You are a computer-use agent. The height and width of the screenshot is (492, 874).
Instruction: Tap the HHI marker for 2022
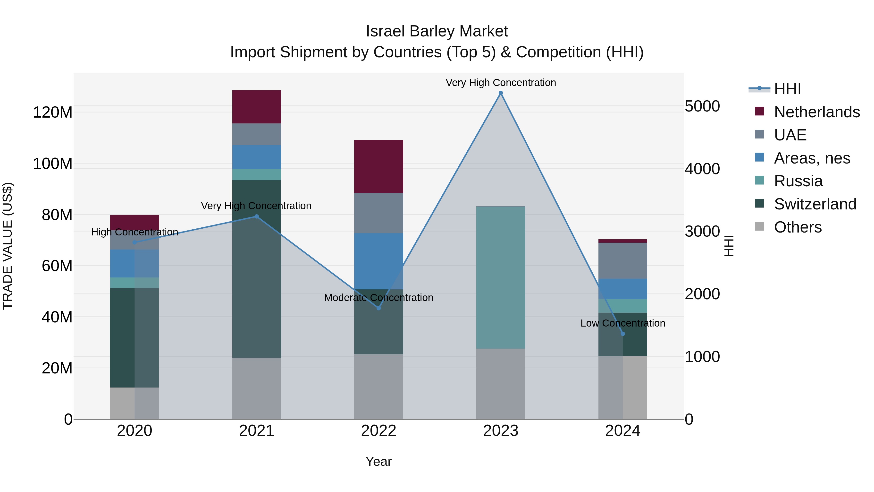[379, 308]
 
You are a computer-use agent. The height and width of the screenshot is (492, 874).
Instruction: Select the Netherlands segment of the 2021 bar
[257, 107]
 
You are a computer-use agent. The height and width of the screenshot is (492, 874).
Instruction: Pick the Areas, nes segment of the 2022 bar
[379, 261]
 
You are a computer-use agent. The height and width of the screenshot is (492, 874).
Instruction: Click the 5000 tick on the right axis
[702, 106]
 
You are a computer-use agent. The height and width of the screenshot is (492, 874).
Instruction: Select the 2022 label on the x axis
[379, 431]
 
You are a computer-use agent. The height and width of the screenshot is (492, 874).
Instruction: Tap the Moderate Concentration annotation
[379, 297]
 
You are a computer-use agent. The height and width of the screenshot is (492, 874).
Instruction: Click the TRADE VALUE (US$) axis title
[8, 246]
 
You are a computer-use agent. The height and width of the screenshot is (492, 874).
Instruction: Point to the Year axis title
[379, 461]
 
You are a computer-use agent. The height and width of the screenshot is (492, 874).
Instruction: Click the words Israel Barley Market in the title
[437, 31]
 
